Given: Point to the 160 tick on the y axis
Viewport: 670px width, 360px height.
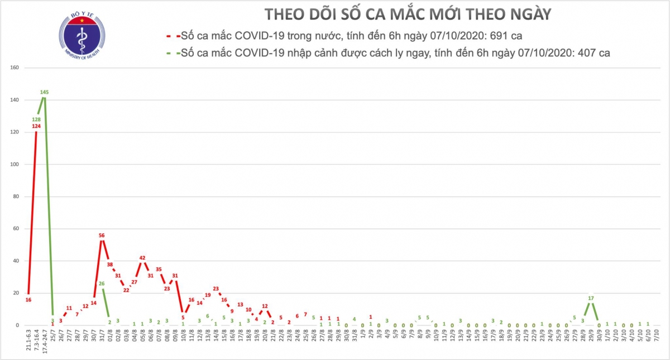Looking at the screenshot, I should tap(15, 68).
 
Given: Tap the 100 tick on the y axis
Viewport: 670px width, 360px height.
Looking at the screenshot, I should tap(15, 165).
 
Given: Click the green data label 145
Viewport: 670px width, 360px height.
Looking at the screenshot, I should tap(45, 92).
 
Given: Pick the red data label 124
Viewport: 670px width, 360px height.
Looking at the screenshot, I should tap(37, 126).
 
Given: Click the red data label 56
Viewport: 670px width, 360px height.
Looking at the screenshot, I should tap(102, 236).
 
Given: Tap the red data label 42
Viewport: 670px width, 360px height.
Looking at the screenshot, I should tap(142, 258).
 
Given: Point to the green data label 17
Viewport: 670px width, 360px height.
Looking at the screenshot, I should tap(591, 298).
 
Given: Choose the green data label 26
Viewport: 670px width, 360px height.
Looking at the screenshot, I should tap(102, 284).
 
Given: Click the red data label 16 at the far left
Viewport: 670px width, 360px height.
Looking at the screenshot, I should tap(28, 300).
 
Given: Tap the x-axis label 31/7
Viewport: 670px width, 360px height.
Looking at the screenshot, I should tap(102, 337).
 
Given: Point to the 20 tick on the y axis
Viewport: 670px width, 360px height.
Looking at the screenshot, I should tap(17, 293).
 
